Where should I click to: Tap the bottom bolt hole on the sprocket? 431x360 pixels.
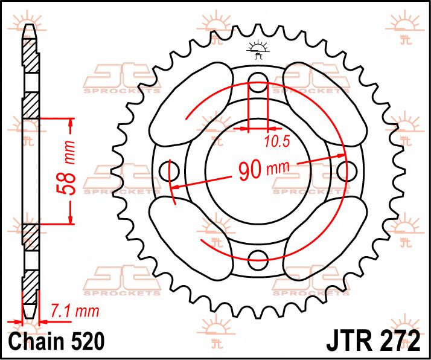(x=258, y=256)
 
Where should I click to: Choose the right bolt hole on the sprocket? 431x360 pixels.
(x=346, y=170)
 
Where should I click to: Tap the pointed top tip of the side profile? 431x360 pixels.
(x=30, y=25)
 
